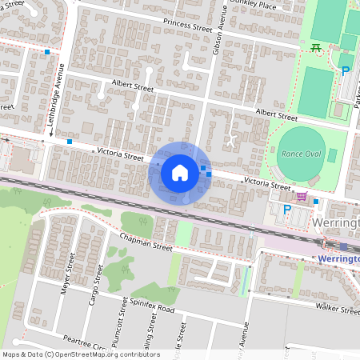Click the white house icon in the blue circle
point(180,172)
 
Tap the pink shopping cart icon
point(302,195)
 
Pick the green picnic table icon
point(317,48)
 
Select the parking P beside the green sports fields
point(346,71)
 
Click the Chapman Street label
point(146,243)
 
